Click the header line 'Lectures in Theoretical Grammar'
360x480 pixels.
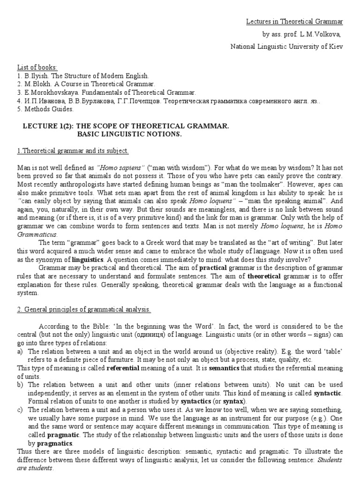coord(295,22)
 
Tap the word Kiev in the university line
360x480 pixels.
coord(336,46)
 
